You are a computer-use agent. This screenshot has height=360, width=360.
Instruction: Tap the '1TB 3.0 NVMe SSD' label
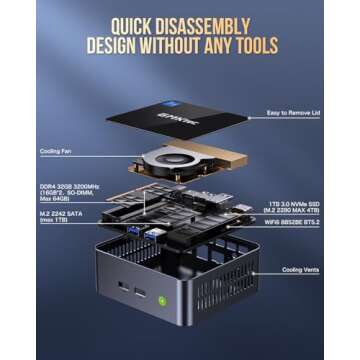point(299,205)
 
